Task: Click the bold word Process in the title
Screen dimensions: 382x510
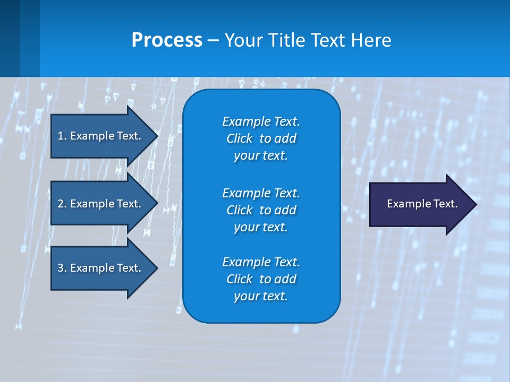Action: pyautogui.click(x=167, y=40)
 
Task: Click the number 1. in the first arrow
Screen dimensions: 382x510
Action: pyautogui.click(x=62, y=136)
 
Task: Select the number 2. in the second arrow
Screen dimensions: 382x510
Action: pyautogui.click(x=62, y=204)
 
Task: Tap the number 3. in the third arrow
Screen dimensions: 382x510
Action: pyautogui.click(x=62, y=268)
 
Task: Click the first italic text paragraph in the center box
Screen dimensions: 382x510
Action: pyautogui.click(x=261, y=138)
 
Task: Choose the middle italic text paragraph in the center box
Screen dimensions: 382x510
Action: pyautogui.click(x=261, y=210)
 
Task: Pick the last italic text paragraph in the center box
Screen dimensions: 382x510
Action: pyautogui.click(x=261, y=279)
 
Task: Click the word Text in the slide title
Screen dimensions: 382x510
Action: pyautogui.click(x=329, y=40)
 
